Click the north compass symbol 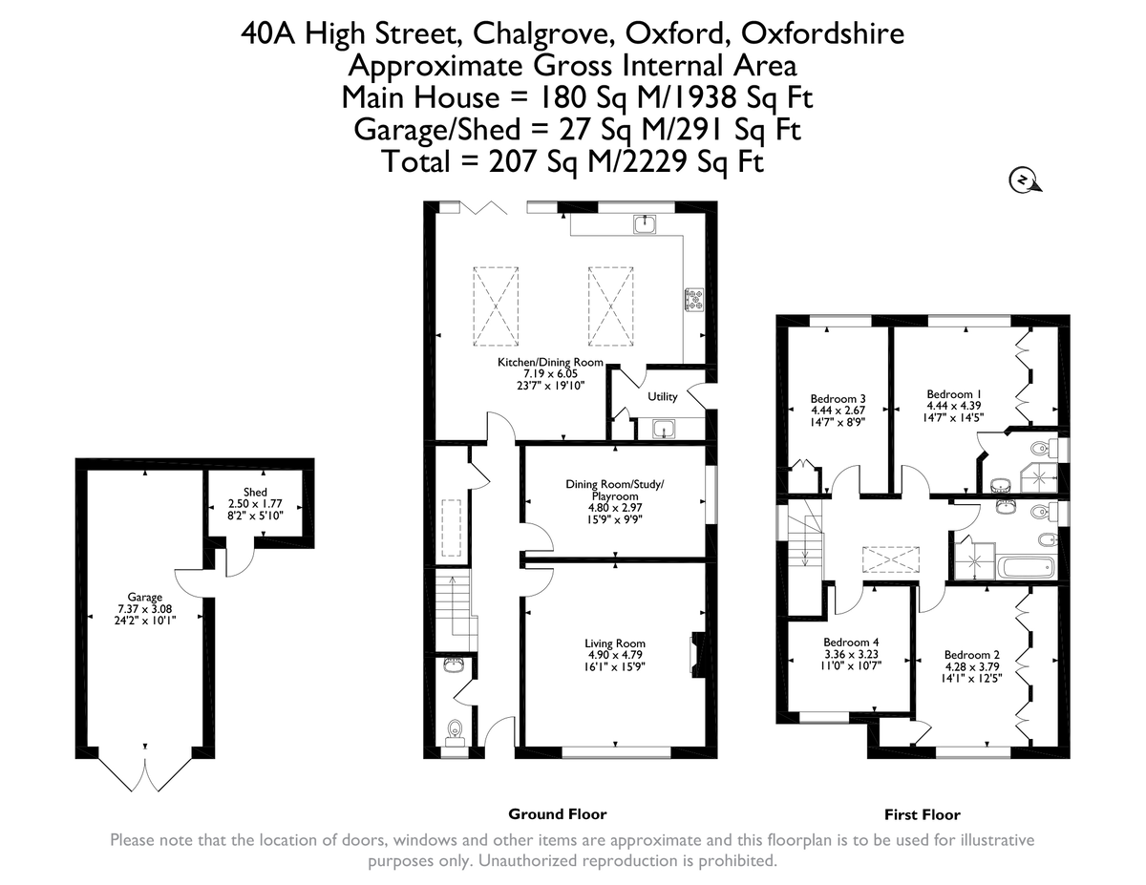point(1023,179)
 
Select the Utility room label point(662,395)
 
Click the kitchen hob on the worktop point(692,300)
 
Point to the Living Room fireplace point(697,655)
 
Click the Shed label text point(255,492)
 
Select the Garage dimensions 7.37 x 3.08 point(146,607)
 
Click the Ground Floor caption point(557,814)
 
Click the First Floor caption point(922,814)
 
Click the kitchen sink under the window point(646,223)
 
